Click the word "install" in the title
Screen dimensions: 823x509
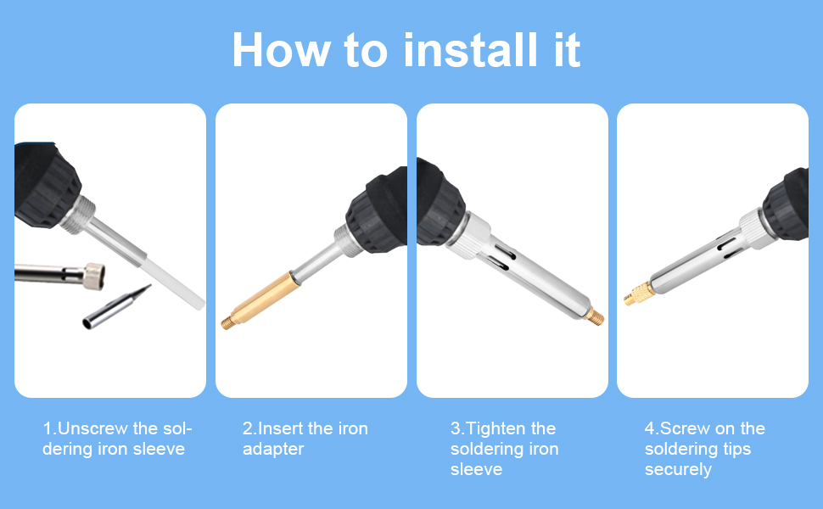pos(470,50)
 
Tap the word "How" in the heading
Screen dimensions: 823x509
pos(282,50)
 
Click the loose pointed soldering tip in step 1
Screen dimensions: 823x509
pos(116,307)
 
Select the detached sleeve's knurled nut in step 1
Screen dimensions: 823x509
pos(94,276)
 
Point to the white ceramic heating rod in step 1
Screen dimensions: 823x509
pos(172,282)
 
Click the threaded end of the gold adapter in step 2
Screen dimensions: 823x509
pos(227,322)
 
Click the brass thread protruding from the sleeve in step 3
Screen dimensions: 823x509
pos(596,316)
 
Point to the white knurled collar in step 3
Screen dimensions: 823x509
pos(468,236)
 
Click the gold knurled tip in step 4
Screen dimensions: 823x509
pos(639,294)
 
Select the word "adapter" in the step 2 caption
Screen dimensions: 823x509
pos(273,450)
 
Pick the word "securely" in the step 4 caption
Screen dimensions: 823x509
pos(678,470)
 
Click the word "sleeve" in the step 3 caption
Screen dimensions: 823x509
pos(476,469)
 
